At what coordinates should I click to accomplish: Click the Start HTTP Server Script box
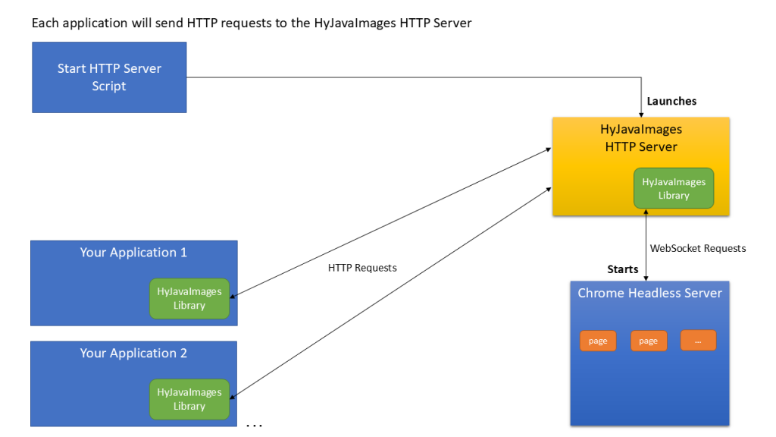click(x=109, y=77)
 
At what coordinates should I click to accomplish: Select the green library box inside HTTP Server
click(x=674, y=188)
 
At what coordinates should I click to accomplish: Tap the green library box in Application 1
click(x=189, y=298)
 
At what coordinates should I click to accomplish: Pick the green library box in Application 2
click(x=189, y=399)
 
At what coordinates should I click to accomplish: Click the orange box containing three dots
click(x=698, y=341)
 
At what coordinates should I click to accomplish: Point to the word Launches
click(x=671, y=101)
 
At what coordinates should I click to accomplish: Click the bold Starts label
click(x=623, y=269)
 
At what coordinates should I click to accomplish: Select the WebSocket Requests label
click(x=698, y=248)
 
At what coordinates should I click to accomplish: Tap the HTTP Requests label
click(x=362, y=268)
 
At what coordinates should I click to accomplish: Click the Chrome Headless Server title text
click(x=649, y=293)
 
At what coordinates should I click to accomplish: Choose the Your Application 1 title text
click(x=133, y=252)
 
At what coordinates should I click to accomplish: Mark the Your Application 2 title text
click(x=133, y=354)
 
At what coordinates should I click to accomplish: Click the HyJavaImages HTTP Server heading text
click(x=641, y=138)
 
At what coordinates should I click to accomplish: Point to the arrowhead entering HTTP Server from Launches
click(x=641, y=115)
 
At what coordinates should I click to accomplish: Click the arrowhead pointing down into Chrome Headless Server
click(x=646, y=278)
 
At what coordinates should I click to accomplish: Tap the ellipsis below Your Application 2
click(x=255, y=425)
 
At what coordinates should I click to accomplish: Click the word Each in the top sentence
click(x=45, y=23)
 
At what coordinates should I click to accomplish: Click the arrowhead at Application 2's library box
click(x=233, y=396)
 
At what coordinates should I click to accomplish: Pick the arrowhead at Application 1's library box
click(x=233, y=296)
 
